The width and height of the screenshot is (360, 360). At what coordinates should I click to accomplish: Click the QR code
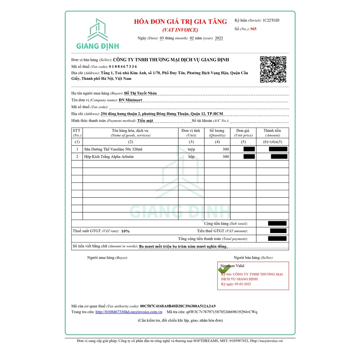(x=273, y=69)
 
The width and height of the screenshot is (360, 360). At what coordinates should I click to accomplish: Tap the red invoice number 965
(x=253, y=29)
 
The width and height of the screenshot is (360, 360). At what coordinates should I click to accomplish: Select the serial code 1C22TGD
(x=271, y=20)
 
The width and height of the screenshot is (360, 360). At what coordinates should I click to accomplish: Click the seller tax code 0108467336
(x=123, y=66)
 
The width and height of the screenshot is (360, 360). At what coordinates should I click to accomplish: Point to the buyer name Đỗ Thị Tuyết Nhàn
(x=141, y=93)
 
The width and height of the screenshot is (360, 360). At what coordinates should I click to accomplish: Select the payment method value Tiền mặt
(x=145, y=121)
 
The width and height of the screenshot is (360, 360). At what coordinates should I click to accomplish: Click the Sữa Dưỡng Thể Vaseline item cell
(x=113, y=149)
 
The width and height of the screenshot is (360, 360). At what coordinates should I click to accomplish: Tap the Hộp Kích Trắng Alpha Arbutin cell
(x=109, y=157)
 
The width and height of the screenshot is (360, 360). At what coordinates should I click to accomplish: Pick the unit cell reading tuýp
(x=191, y=149)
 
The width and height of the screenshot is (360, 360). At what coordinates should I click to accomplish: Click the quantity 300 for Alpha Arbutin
(x=225, y=157)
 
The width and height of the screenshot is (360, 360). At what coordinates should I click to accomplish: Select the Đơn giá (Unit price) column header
(x=243, y=133)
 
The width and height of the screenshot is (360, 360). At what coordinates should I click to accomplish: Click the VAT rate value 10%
(x=126, y=231)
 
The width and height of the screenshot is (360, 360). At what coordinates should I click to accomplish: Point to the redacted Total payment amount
(x=277, y=239)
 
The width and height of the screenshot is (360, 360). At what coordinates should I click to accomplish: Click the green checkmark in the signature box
(x=224, y=269)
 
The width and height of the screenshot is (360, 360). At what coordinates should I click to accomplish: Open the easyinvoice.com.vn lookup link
(x=129, y=312)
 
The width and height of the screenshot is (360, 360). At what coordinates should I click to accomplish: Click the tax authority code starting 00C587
(x=178, y=306)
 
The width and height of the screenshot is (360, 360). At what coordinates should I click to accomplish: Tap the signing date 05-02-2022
(x=243, y=284)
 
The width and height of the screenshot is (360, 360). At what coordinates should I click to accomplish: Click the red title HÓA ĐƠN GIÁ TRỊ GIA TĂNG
(x=180, y=22)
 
